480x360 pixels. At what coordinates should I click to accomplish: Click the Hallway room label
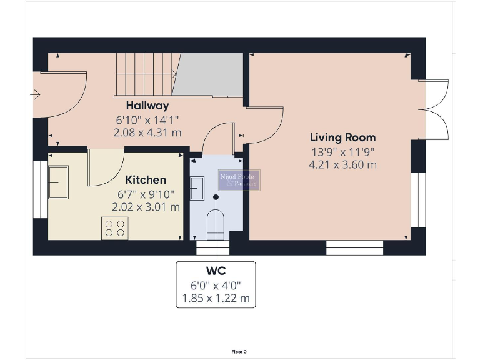coord(147,106)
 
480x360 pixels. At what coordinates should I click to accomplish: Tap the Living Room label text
coord(342,137)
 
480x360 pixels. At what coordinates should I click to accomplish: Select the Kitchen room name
coord(146,180)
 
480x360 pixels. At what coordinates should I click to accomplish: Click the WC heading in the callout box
coord(216,271)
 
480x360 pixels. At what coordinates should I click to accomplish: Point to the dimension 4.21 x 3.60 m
coord(342,165)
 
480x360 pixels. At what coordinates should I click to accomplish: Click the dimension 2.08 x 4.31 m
coord(147,132)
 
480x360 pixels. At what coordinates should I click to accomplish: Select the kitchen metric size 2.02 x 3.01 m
coord(146,207)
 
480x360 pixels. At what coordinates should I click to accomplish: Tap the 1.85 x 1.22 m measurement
coord(216,298)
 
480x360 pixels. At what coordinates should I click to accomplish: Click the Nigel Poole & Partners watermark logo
coord(239,180)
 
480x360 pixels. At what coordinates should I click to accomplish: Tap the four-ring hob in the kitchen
coord(114,228)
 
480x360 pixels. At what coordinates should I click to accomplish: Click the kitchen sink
coord(59,182)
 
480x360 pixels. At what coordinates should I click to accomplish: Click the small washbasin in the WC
coord(197,187)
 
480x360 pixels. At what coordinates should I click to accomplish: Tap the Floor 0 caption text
coord(239,352)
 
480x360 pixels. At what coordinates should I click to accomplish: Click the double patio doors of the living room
coord(436,109)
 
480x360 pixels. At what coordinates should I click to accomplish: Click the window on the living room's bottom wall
coord(354,248)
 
